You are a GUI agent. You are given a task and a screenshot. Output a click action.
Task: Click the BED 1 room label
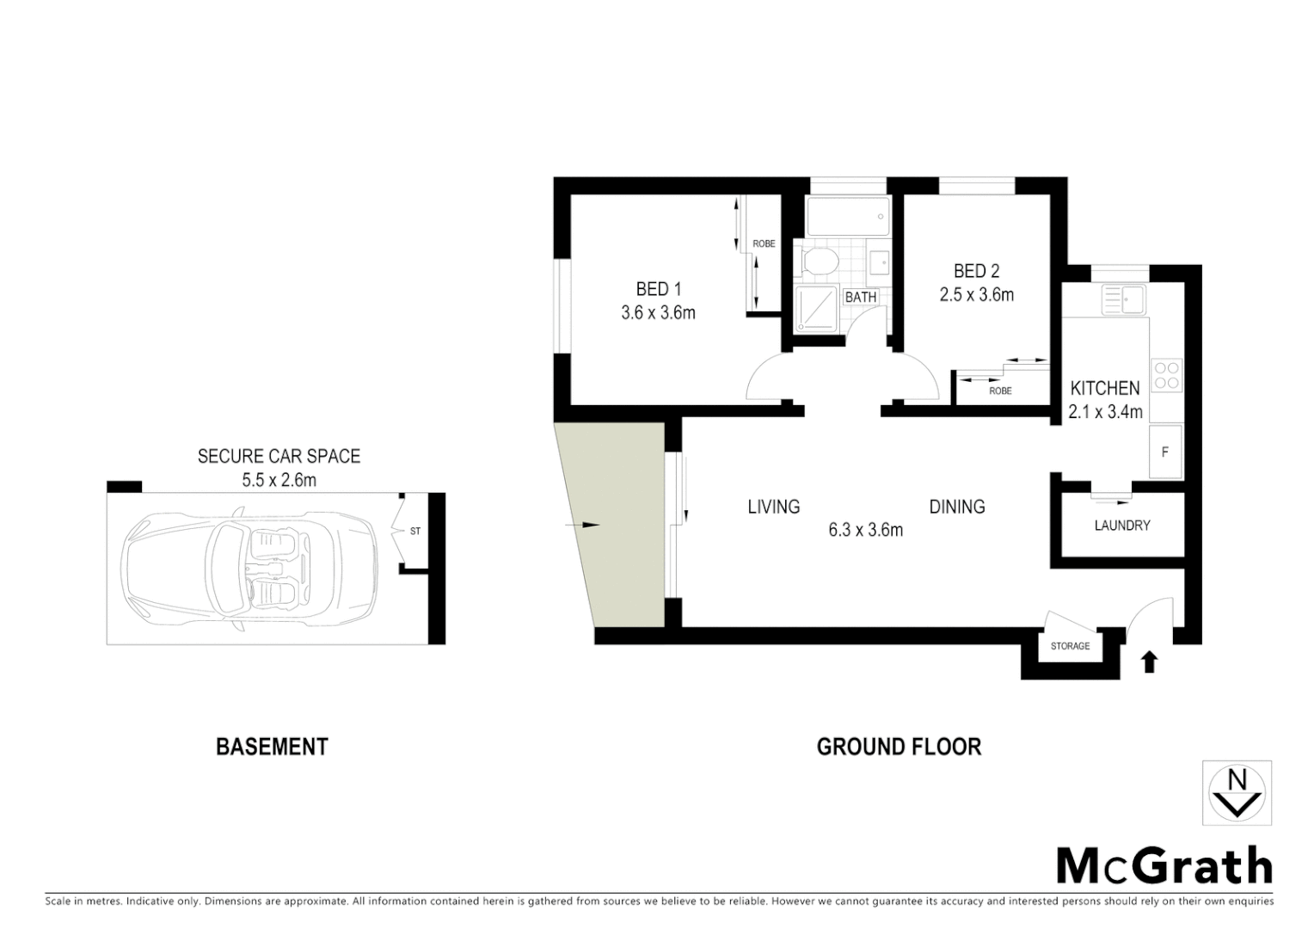tap(658, 289)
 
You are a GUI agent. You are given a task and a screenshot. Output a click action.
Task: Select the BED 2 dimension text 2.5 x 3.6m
tap(976, 295)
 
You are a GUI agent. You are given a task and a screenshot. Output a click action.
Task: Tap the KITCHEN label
tap(1105, 388)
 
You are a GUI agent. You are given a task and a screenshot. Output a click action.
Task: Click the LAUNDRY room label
tap(1122, 526)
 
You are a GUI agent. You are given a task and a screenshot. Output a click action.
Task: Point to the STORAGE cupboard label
tap(1070, 646)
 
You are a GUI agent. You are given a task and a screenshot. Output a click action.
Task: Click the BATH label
tap(861, 297)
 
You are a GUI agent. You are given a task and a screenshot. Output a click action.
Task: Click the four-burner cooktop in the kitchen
tap(1167, 375)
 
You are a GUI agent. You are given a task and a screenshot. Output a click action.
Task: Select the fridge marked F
tap(1165, 452)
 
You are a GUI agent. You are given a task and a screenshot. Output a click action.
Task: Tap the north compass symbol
tap(1237, 792)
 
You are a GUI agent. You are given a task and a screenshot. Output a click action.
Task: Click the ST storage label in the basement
tap(415, 532)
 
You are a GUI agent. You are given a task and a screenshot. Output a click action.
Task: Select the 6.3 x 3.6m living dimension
tap(865, 530)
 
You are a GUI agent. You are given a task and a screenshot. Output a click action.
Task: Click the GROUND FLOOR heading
tap(899, 747)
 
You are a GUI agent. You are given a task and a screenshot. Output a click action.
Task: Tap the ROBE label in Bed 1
tap(764, 244)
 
